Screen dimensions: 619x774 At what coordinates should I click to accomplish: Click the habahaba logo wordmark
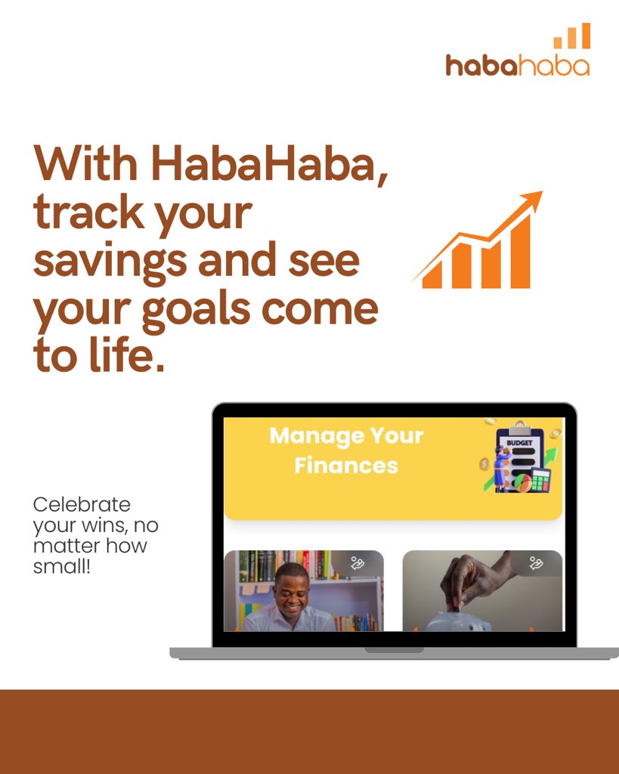tap(517, 66)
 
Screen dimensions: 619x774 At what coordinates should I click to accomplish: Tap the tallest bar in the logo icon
tap(586, 36)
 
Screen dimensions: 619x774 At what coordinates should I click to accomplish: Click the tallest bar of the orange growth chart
tap(520, 252)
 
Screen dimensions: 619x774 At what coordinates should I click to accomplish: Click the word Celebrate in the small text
tap(82, 504)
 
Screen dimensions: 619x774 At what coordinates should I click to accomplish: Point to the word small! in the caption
tap(62, 566)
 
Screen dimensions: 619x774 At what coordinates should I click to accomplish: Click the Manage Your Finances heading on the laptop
tap(346, 450)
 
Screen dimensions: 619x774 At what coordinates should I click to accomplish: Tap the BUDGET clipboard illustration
tap(520, 457)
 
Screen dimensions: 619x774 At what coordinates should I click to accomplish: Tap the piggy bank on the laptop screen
tap(457, 621)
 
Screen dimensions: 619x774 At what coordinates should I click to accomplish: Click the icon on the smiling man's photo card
tap(357, 562)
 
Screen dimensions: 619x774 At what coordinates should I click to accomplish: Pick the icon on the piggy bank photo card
tap(536, 562)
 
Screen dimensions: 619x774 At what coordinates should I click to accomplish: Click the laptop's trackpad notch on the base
tap(394, 650)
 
